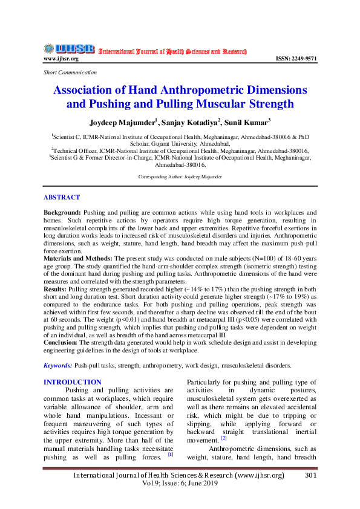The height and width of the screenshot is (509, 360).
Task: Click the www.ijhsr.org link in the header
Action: pyautogui.click(x=61, y=59)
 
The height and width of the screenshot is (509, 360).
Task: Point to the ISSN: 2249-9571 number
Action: pyautogui.click(x=296, y=59)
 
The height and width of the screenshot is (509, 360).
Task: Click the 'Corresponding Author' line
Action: pyautogui.click(x=180, y=177)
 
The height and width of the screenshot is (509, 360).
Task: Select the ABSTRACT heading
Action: pyautogui.click(x=61, y=198)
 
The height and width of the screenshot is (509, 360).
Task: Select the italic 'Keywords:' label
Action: pyautogui.click(x=57, y=366)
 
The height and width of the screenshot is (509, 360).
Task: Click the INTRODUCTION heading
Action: pyautogui.click(x=73, y=382)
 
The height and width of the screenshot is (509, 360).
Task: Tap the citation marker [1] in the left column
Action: pyautogui.click(x=171, y=454)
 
